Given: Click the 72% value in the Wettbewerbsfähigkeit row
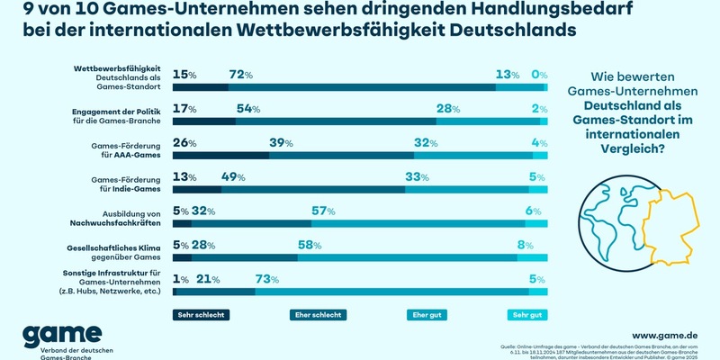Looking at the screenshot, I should click(241, 74).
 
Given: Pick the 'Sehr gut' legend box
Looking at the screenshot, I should click(526, 315).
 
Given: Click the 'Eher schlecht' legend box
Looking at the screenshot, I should click(318, 315).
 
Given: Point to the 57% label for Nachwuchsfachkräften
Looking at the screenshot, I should click(323, 210).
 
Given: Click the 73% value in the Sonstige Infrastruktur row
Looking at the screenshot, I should click(267, 279).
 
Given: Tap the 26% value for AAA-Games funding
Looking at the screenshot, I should click(184, 143).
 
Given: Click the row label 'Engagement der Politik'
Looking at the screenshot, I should click(118, 109).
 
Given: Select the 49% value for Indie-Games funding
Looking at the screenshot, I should click(235, 177).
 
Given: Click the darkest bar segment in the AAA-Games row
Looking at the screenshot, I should click(220, 155).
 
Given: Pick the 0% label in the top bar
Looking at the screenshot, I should click(540, 74).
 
